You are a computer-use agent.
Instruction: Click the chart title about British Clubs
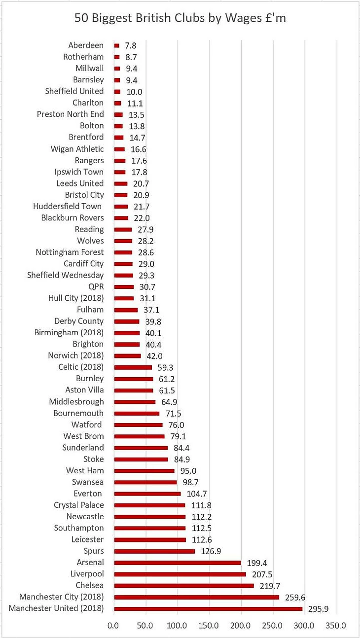(x=180, y=18)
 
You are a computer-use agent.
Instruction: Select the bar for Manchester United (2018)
(x=208, y=608)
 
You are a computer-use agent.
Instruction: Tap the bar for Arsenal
(x=178, y=563)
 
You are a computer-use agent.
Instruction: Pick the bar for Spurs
(x=154, y=551)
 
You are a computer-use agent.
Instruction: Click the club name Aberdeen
(x=86, y=45)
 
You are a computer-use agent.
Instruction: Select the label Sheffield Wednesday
(x=66, y=275)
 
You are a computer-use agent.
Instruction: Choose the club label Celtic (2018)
(x=81, y=367)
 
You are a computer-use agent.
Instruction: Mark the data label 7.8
(x=131, y=46)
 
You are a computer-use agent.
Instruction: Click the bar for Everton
(x=147, y=494)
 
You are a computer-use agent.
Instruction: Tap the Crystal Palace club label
(x=79, y=505)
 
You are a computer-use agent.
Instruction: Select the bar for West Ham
(x=144, y=471)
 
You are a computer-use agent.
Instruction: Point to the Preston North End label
(x=71, y=114)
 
